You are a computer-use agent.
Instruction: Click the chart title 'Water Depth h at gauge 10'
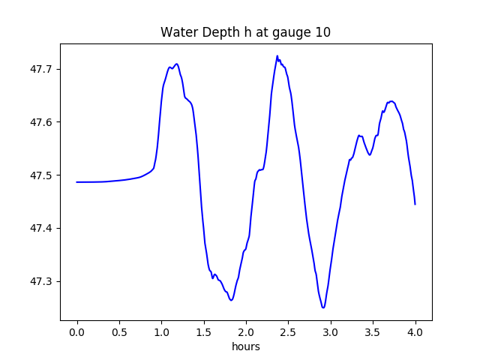[x=245, y=33]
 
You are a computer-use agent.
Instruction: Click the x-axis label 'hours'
[x=245, y=347]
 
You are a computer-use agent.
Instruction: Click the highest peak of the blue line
[x=277, y=56]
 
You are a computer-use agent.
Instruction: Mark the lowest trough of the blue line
[x=323, y=307]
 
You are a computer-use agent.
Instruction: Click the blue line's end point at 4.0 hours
[x=415, y=204]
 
